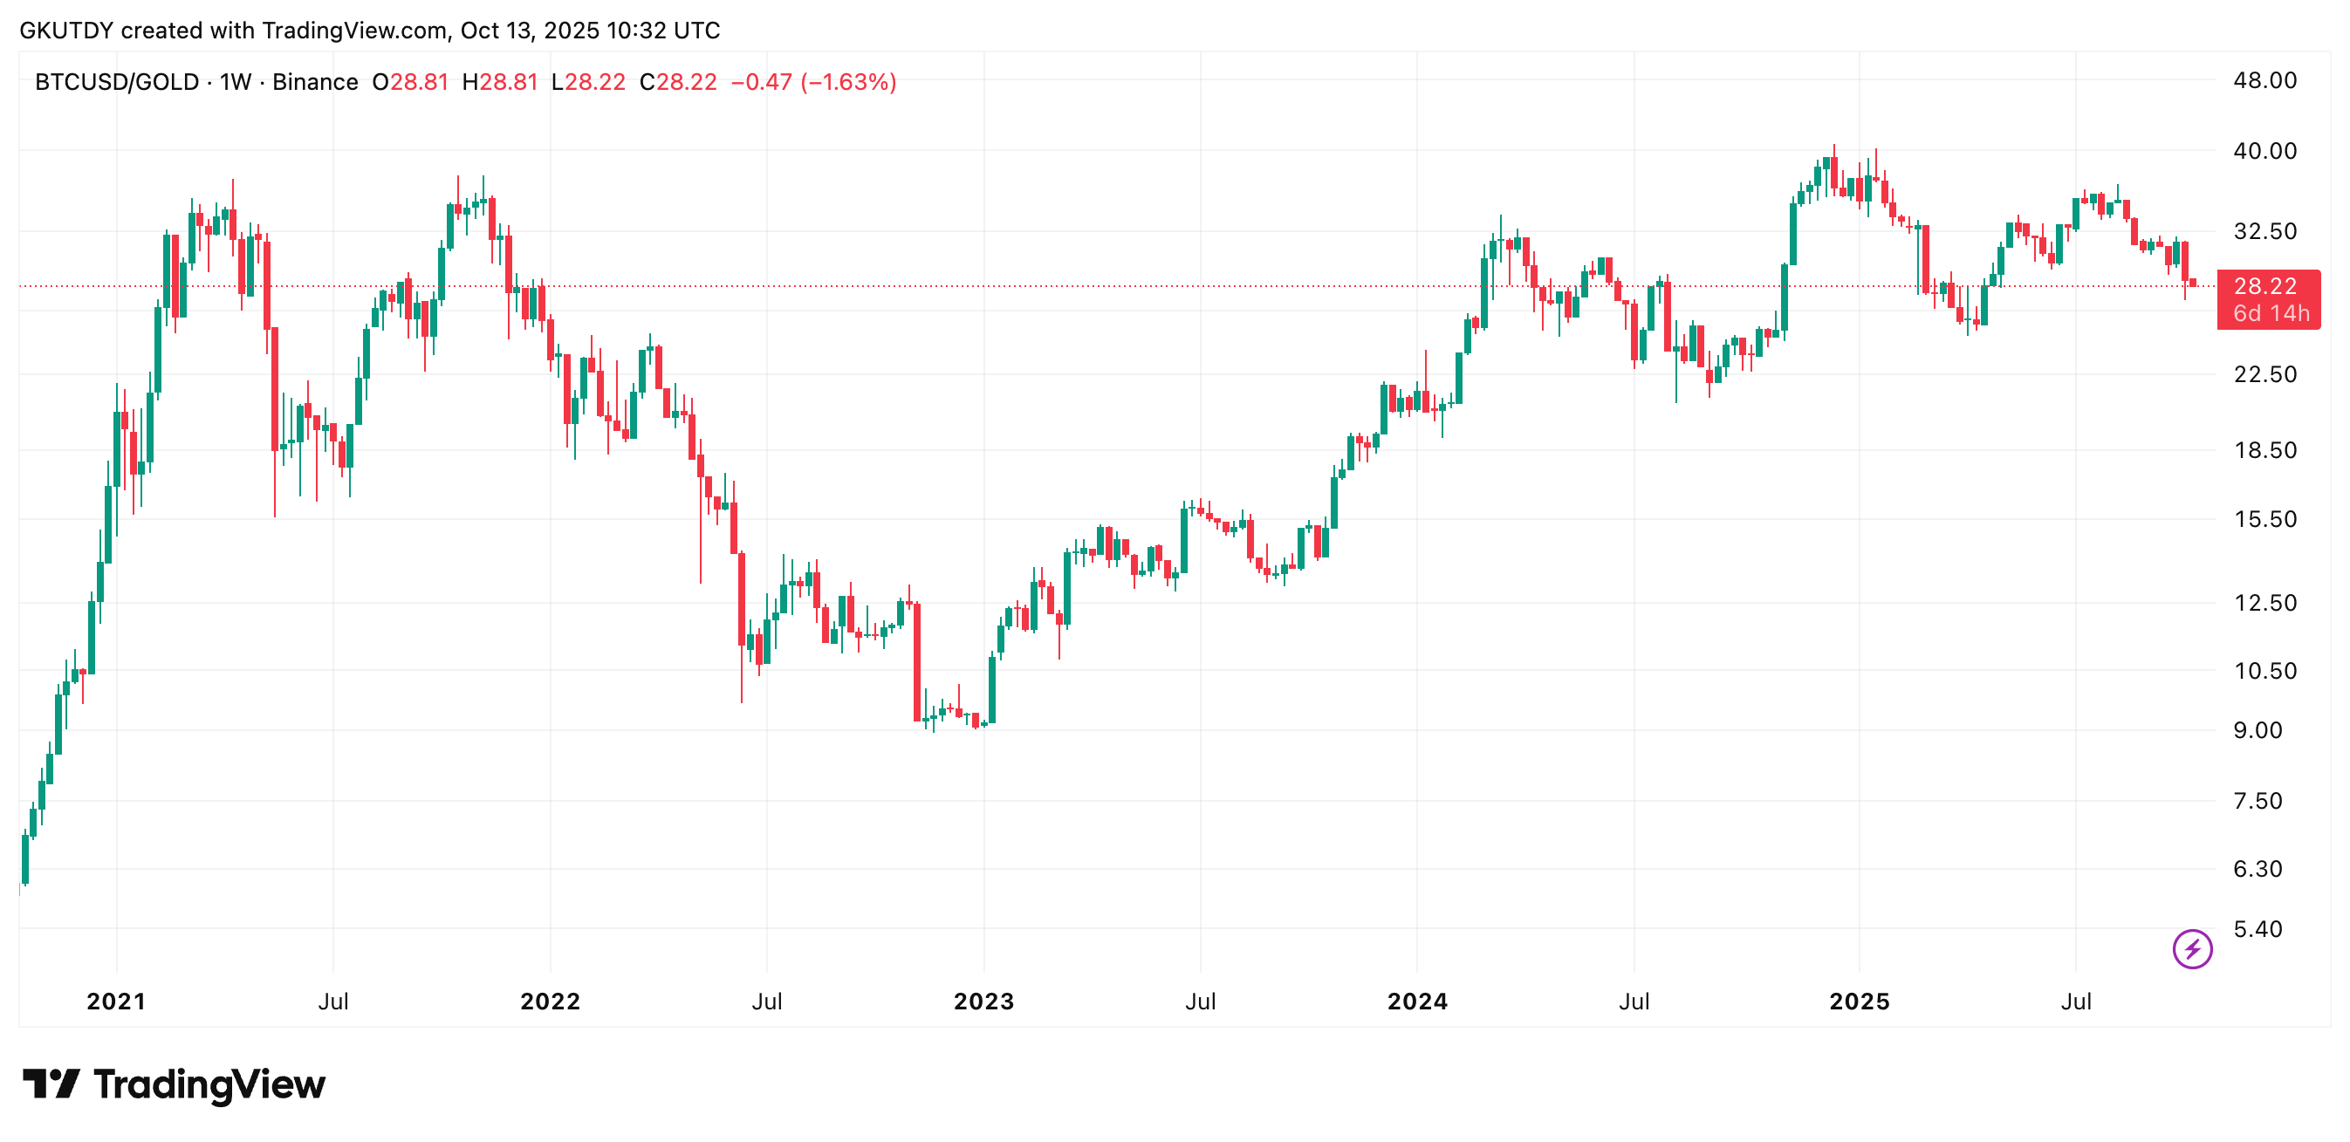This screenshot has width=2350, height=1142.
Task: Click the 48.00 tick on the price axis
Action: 2264,80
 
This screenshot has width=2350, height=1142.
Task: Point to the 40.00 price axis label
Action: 2264,151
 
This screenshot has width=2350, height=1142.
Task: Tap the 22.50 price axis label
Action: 2264,374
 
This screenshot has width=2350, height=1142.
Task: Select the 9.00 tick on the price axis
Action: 2257,729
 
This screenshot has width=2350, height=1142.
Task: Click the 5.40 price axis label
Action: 2257,928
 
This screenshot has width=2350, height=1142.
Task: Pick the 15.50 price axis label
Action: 2264,519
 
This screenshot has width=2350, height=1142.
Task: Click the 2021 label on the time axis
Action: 116,1002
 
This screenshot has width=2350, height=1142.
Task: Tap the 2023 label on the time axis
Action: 983,1002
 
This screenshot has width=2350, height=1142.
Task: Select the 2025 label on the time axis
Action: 1860,1002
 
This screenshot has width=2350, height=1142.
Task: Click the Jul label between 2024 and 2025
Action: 1633,1002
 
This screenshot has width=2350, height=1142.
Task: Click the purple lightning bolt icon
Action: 2191,948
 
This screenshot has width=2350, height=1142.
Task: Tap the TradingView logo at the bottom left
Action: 174,1084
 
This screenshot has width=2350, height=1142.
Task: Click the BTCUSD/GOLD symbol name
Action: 117,82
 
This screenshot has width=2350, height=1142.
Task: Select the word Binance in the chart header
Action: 315,82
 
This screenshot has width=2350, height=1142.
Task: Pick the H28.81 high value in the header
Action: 499,82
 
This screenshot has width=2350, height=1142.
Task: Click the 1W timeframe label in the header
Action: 236,82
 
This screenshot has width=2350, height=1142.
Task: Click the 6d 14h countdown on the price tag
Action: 2271,313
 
